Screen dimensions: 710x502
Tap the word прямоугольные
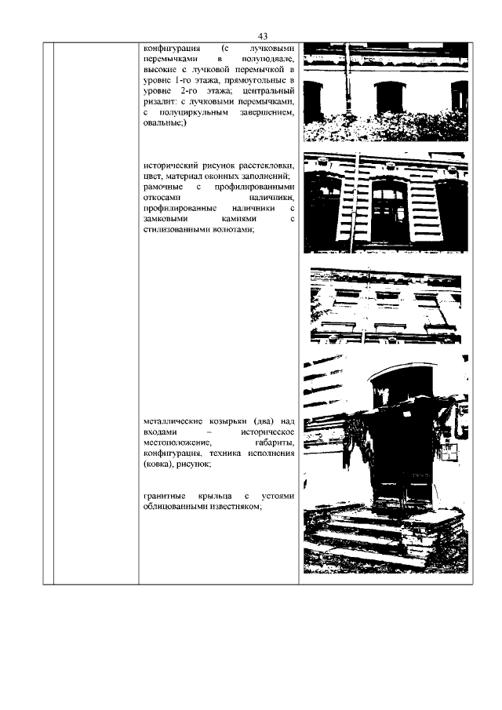[x=260, y=81]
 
